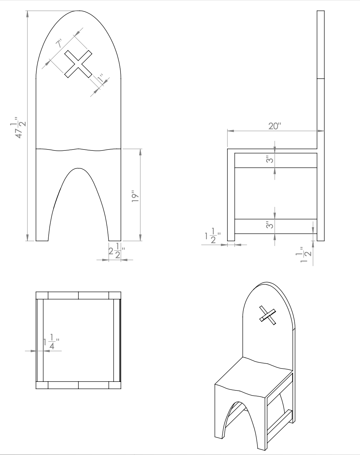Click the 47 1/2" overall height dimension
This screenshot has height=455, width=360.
coord(20,126)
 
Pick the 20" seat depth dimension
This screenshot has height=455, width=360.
coord(274,126)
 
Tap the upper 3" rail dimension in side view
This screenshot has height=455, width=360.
coord(269,160)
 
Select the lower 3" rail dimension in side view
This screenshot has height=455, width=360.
coord(269,225)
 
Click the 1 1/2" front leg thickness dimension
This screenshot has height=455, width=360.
coord(213,238)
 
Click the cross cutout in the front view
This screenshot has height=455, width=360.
coord(78,64)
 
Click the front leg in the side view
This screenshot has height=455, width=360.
coord(231,196)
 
